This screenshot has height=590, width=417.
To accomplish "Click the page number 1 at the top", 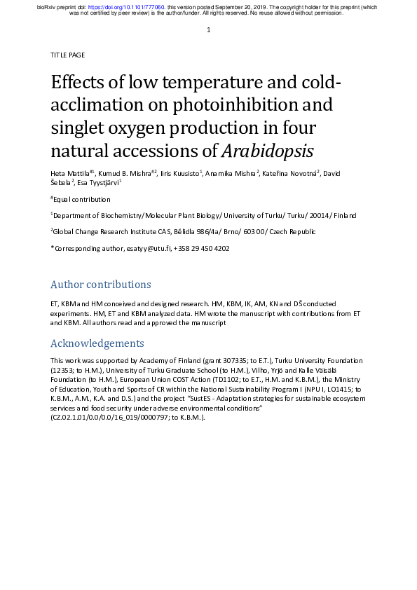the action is (209, 30).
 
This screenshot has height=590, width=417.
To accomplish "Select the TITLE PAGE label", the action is (67, 55).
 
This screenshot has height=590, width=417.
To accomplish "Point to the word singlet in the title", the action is (77, 128).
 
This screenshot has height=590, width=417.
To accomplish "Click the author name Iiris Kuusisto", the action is (179, 172).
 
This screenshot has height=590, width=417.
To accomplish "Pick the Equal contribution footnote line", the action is (81, 199).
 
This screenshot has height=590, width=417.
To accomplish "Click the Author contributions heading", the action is (100, 284).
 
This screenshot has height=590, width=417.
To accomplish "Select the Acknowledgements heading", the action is (97, 343).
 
